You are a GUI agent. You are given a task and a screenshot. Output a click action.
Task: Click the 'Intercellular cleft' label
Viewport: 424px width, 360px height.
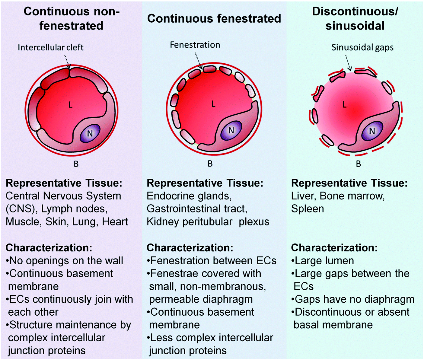click(x=50, y=47)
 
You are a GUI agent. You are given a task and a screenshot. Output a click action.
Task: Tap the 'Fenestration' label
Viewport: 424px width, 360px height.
click(x=195, y=45)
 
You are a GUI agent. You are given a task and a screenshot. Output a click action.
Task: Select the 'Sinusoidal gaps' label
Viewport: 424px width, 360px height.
click(x=362, y=47)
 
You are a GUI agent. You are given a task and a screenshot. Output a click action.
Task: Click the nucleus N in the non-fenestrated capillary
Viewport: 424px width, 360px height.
click(x=90, y=133)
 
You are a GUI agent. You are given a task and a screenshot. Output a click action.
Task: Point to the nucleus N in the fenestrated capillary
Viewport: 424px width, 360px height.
click(x=231, y=130)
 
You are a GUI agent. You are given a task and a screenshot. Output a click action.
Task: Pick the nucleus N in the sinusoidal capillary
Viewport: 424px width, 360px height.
click(x=372, y=131)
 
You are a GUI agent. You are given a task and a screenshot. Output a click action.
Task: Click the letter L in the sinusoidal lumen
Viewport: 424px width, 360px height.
click(x=344, y=105)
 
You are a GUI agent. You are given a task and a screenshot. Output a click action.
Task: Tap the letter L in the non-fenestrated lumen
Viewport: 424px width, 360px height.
click(x=70, y=105)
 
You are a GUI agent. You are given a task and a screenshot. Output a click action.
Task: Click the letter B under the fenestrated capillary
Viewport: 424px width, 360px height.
click(x=210, y=164)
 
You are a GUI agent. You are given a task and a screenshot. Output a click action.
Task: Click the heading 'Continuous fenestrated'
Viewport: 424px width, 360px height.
click(x=214, y=19)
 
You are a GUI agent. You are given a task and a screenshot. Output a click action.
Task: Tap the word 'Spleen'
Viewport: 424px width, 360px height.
click(x=308, y=209)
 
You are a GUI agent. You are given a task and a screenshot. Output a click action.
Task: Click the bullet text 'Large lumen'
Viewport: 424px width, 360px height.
click(x=324, y=261)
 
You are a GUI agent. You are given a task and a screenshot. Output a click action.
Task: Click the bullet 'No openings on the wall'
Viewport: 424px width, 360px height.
click(x=66, y=261)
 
